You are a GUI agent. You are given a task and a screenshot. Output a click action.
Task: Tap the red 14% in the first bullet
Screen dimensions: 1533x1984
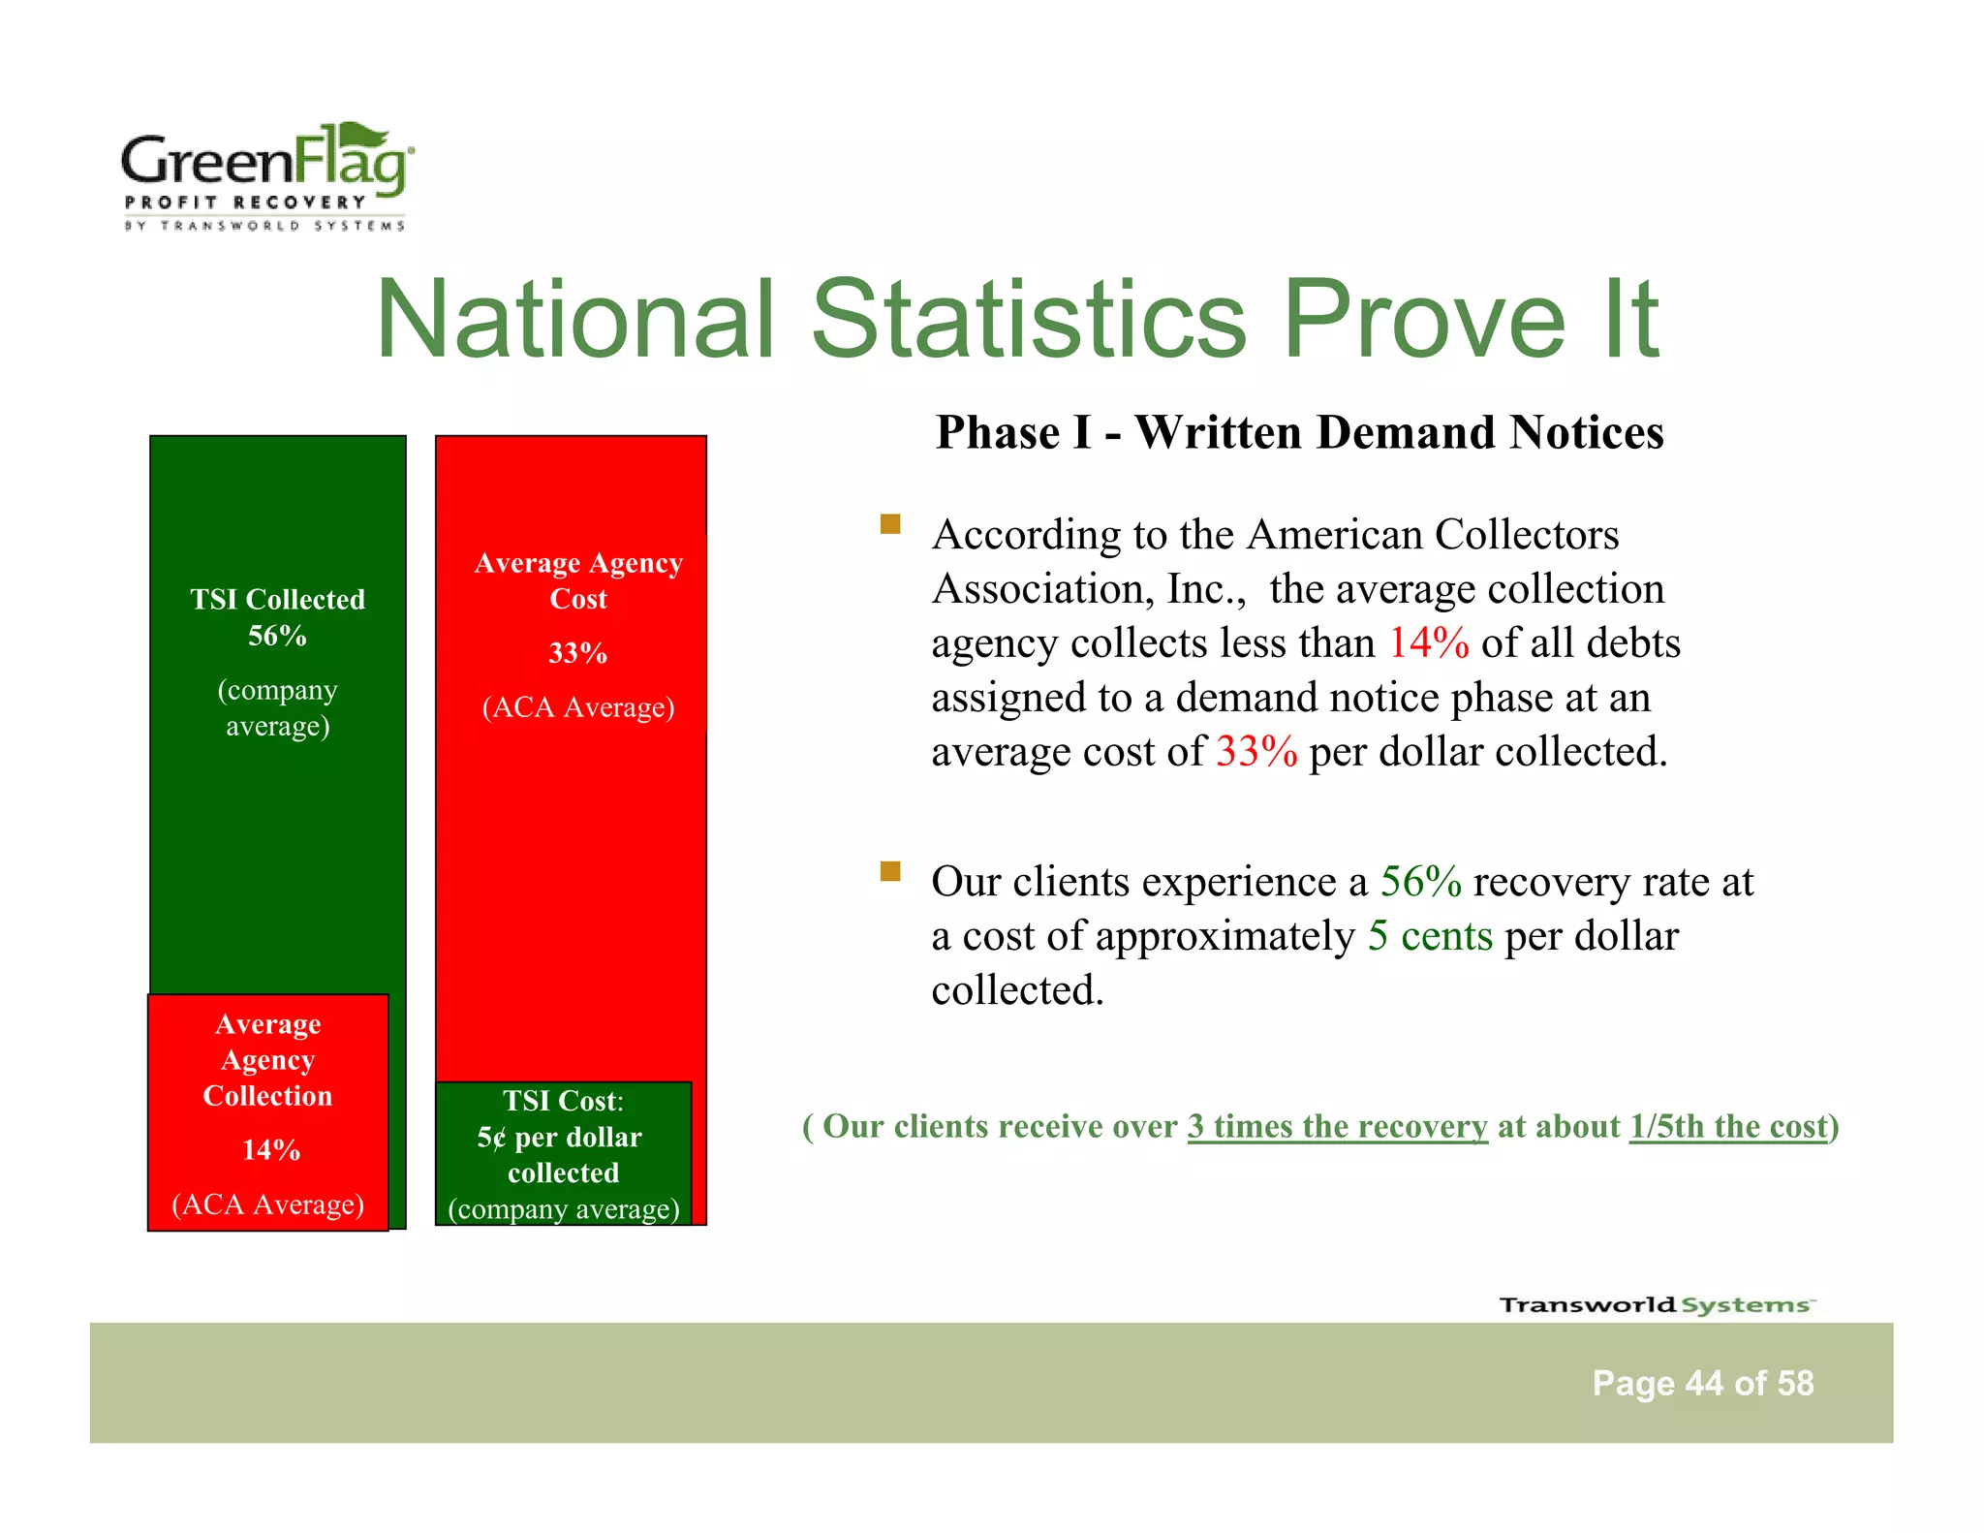click(x=1428, y=643)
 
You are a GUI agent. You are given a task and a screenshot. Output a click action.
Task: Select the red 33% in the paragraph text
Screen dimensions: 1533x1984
click(x=1255, y=752)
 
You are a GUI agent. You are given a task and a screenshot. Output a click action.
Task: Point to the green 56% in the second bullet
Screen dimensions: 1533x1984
click(x=1420, y=882)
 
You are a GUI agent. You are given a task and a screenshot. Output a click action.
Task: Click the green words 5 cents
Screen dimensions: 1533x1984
click(x=1430, y=936)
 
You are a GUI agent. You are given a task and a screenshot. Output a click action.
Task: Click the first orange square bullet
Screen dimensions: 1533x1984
click(x=890, y=525)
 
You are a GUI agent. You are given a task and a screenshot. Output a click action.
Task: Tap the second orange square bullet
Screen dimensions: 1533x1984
click(x=890, y=871)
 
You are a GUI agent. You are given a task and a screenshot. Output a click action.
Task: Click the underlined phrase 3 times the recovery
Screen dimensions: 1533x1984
click(x=1337, y=1126)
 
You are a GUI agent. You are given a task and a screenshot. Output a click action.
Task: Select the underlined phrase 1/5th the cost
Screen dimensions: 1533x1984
click(x=1727, y=1126)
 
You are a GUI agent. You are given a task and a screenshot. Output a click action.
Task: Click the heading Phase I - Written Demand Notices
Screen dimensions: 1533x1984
click(x=1299, y=432)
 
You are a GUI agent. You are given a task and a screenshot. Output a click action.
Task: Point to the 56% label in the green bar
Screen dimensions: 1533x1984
click(x=277, y=636)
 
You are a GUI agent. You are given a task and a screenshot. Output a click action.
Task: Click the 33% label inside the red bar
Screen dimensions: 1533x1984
click(x=577, y=653)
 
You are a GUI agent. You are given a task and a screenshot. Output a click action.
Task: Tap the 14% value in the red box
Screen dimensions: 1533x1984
click(x=270, y=1150)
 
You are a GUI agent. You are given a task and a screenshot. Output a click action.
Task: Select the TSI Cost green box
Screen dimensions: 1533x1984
click(x=563, y=1153)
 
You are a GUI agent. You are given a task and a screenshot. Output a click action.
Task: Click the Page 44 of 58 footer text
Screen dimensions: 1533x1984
click(x=1702, y=1383)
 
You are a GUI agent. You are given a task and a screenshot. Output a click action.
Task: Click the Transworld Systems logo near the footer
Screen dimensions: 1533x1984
click(x=1656, y=1304)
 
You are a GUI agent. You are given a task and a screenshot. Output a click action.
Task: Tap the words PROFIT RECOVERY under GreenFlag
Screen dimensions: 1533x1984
click(x=245, y=202)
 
